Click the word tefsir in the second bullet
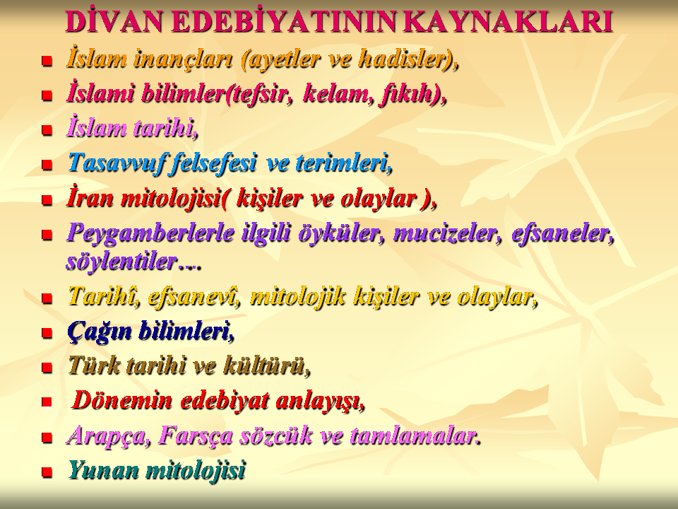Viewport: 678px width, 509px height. (258, 94)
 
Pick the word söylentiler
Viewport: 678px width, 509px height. (121, 262)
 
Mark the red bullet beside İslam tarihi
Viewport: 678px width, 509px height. (47, 129)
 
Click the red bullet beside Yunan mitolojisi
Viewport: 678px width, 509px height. (47, 472)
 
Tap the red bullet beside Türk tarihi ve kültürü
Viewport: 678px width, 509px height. (47, 368)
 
